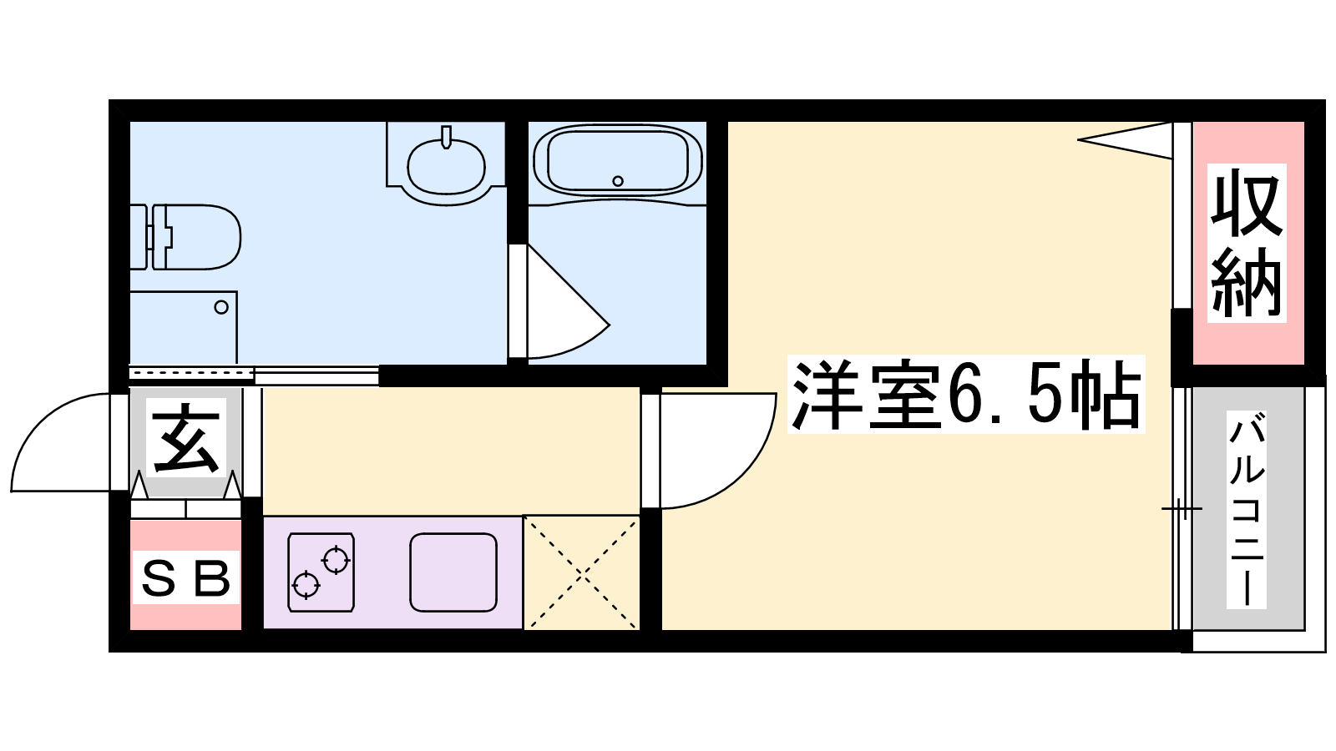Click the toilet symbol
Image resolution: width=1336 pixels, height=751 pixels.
(185, 237)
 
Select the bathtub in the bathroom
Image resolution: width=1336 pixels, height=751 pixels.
(617, 162)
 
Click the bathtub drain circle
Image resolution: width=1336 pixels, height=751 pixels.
(618, 180)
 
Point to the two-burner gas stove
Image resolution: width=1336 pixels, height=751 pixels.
(321, 572)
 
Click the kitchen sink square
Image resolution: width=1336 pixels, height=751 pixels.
(453, 572)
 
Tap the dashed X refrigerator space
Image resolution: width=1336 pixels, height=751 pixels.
(581, 572)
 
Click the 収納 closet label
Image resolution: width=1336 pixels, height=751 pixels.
(1247, 243)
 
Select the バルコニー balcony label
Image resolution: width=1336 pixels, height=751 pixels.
(1247, 510)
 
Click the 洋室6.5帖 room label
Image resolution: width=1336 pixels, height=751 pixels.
(966, 394)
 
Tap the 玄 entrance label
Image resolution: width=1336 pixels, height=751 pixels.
(186, 437)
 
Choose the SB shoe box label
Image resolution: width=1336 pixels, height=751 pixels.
(186, 578)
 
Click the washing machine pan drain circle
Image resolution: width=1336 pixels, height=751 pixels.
(221, 308)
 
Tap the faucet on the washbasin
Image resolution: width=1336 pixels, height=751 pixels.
(446, 137)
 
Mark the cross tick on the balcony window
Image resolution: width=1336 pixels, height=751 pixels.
(1182, 509)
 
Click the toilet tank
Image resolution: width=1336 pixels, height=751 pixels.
(139, 237)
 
